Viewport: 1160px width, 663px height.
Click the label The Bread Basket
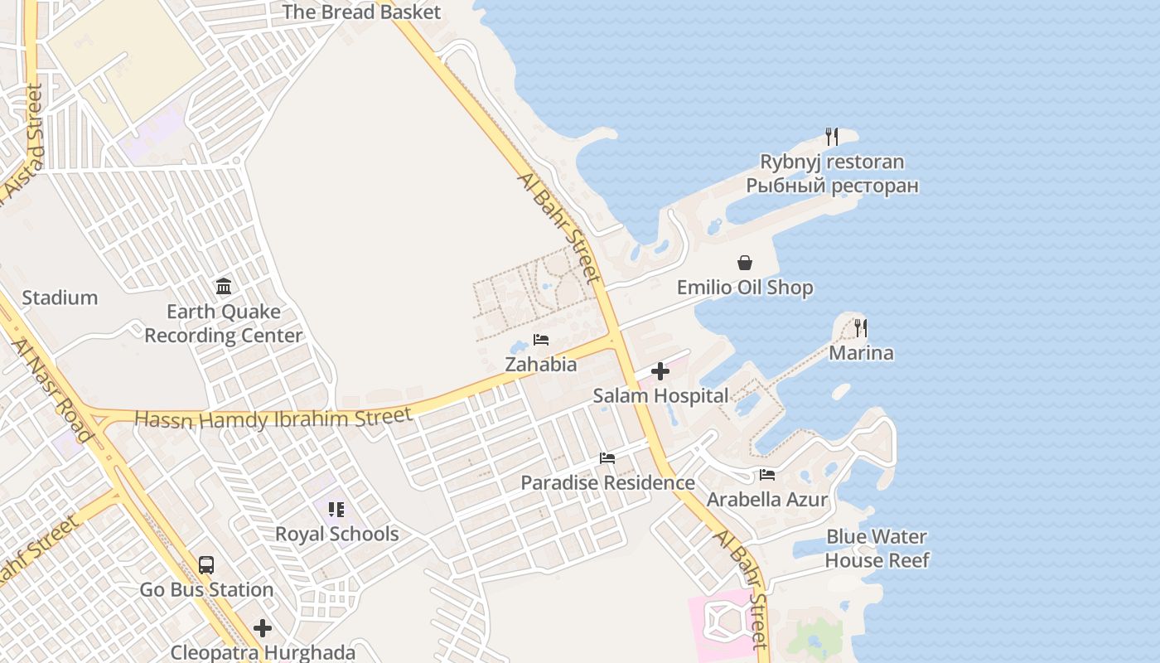pyautogui.click(x=361, y=12)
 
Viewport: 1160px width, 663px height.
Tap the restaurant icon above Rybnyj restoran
pyautogui.click(x=832, y=137)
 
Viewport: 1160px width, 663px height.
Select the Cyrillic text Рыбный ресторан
pyautogui.click(x=832, y=185)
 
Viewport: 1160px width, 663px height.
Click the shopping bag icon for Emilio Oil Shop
pyautogui.click(x=745, y=263)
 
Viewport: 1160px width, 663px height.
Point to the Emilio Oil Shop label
pyautogui.click(x=745, y=288)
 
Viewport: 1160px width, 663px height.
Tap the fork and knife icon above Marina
pyautogui.click(x=861, y=328)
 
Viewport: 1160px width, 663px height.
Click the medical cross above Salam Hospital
pyautogui.click(x=660, y=371)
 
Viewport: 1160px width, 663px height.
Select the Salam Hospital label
pyautogui.click(x=660, y=396)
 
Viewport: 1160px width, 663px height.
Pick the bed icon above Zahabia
pyautogui.click(x=541, y=340)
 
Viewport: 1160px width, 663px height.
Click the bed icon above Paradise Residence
pyautogui.click(x=607, y=458)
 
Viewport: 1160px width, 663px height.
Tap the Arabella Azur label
pyautogui.click(x=766, y=500)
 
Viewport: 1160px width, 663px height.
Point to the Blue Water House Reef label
pyautogui.click(x=877, y=549)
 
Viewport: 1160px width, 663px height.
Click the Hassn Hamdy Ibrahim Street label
pyautogui.click(x=273, y=418)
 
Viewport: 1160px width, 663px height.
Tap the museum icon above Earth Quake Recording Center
pyautogui.click(x=224, y=287)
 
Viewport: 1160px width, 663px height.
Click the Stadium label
pyautogui.click(x=60, y=298)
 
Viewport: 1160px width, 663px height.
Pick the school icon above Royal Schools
pyautogui.click(x=336, y=509)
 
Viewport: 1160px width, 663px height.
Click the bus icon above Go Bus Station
pyautogui.click(x=206, y=565)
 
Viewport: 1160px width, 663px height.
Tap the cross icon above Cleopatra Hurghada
pyautogui.click(x=263, y=628)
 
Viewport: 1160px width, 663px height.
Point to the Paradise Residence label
pyautogui.click(x=607, y=482)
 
